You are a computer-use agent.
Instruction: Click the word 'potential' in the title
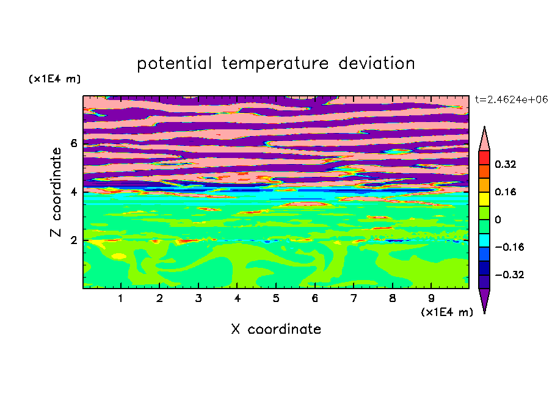[x=174, y=64]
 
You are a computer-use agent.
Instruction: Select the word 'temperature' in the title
[x=275, y=64]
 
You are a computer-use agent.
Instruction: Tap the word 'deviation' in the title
[x=377, y=63]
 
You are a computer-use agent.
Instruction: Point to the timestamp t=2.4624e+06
[x=511, y=99]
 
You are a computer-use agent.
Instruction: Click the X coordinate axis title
[x=276, y=329]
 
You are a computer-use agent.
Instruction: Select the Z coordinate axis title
[x=56, y=192]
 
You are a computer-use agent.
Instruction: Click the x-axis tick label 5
[x=276, y=298]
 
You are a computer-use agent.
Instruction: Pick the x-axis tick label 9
[x=431, y=298]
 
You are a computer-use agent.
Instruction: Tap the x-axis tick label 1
[x=120, y=298]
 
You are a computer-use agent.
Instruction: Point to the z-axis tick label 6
[x=73, y=143]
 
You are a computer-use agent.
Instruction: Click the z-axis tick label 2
[x=73, y=240]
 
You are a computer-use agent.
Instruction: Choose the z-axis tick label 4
[x=73, y=192]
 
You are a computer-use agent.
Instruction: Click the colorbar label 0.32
[x=505, y=164]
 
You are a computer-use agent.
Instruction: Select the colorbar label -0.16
[x=509, y=247]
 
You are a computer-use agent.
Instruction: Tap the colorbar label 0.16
[x=505, y=192]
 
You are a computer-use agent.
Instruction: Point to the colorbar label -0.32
[x=509, y=275]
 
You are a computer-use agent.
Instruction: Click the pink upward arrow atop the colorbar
[x=484, y=141]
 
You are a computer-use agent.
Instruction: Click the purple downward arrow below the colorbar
[x=484, y=298]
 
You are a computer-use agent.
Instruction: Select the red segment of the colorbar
[x=484, y=157]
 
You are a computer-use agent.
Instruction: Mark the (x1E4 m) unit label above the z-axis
[x=54, y=79]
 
